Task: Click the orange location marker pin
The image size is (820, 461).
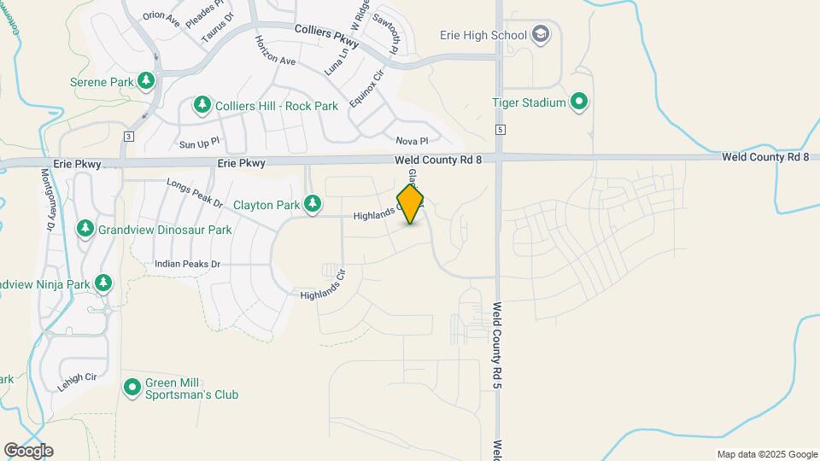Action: point(411,203)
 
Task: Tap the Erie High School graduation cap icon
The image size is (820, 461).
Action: point(540,35)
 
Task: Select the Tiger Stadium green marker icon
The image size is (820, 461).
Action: point(579,102)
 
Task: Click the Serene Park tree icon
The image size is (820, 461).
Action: point(146,81)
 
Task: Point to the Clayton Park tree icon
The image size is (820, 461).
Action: point(313,203)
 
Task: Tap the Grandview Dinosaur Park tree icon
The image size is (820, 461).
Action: point(85,229)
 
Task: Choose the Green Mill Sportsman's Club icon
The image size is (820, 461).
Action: point(132,388)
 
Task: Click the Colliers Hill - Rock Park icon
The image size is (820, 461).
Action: point(202,105)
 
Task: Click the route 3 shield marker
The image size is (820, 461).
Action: point(128,137)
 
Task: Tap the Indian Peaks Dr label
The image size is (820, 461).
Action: point(188,265)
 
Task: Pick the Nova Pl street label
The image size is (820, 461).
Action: point(412,141)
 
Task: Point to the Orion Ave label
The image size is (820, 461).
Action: point(161,18)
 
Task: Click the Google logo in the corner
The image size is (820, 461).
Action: point(28,450)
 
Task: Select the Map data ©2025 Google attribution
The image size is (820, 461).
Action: point(767,454)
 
